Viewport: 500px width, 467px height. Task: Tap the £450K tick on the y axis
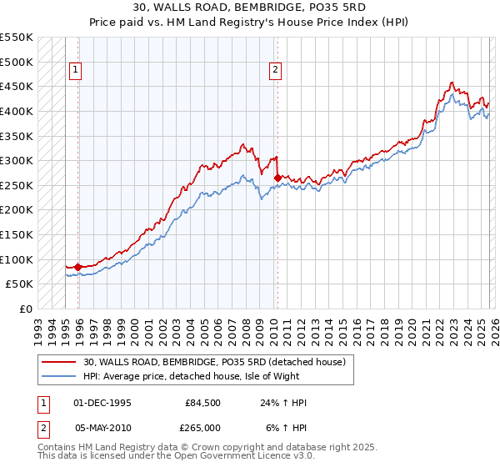(17, 86)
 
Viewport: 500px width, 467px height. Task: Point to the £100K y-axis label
(17, 259)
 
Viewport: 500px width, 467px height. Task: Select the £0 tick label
(26, 309)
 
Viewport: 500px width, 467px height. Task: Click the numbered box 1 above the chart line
(75, 71)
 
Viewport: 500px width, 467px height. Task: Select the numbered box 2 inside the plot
(274, 71)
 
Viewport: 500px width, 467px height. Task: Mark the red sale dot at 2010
(277, 177)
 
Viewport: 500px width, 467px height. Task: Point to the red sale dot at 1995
(78, 267)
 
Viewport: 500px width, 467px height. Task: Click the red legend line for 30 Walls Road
(59, 362)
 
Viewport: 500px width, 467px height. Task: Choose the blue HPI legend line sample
(59, 376)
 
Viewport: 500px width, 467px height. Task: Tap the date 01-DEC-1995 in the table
(102, 403)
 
